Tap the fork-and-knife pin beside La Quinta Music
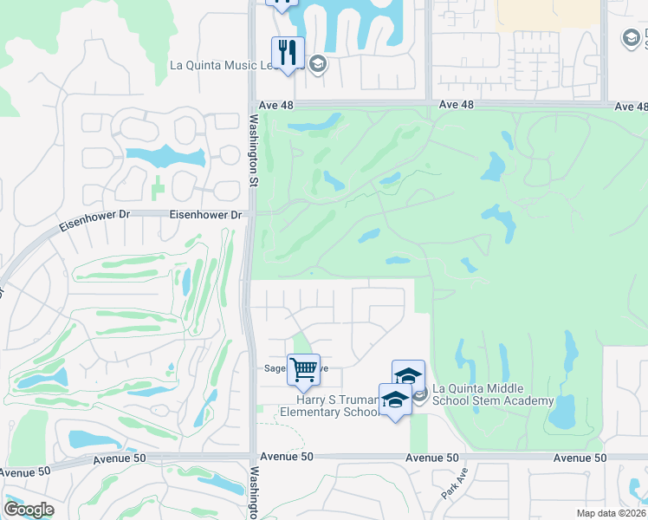pos(288,53)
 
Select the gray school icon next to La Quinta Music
pos(318,63)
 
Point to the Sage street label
pos(276,367)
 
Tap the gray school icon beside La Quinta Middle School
pos(419,395)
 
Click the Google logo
pos(29,510)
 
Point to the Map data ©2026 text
pos(611,514)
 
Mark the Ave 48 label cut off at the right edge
pos(631,106)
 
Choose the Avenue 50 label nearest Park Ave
pos(432,458)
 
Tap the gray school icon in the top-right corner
pos(631,38)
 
